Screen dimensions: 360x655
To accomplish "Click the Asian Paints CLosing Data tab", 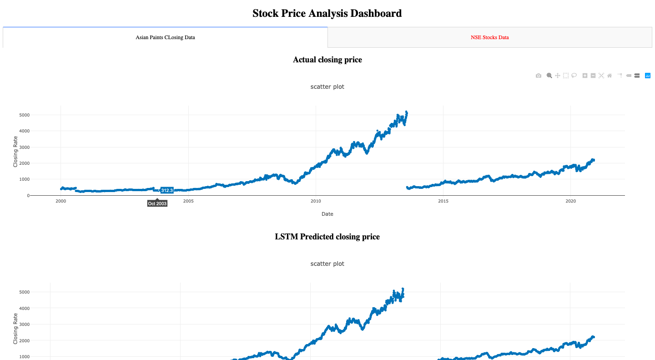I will pyautogui.click(x=165, y=37).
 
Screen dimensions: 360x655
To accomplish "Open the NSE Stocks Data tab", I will pyautogui.click(x=489, y=37).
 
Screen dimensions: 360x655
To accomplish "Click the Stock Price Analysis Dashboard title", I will pyautogui.click(x=327, y=13).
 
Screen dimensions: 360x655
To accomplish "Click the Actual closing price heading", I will pyautogui.click(x=327, y=60).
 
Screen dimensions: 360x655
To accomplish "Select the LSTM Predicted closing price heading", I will pyautogui.click(x=327, y=237).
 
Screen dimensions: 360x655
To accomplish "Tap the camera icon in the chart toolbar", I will pyautogui.click(x=539, y=76).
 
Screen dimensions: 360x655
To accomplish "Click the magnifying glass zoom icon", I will pyautogui.click(x=549, y=76).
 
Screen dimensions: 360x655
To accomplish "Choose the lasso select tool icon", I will pyautogui.click(x=574, y=76).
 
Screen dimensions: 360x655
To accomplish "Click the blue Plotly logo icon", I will pyautogui.click(x=648, y=76).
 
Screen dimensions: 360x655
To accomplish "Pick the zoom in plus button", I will pyautogui.click(x=585, y=76).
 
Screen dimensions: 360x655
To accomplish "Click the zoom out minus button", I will pyautogui.click(x=593, y=76).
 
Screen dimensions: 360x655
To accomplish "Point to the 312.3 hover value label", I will pyautogui.click(x=166, y=190).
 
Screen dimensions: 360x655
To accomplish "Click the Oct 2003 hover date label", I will pyautogui.click(x=157, y=203).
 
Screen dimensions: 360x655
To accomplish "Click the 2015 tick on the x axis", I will pyautogui.click(x=443, y=201).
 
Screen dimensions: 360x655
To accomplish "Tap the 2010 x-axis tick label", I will pyautogui.click(x=316, y=201).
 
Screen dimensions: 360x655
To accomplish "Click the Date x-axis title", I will pyautogui.click(x=327, y=214).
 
